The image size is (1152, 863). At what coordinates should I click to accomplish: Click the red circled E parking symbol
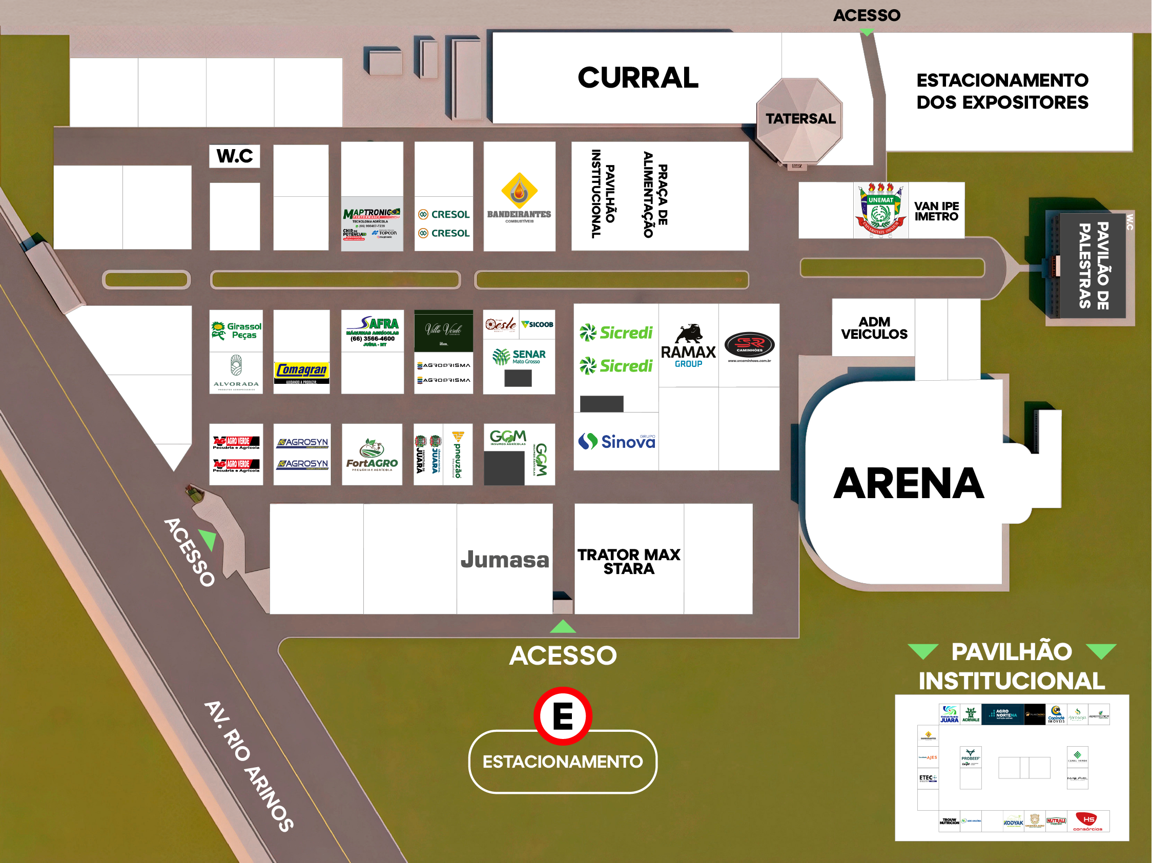point(563,716)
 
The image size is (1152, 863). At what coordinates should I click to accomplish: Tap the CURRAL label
point(637,77)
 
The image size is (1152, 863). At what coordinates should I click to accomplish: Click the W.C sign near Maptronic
point(234,156)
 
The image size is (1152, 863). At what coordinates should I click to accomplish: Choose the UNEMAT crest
point(881,211)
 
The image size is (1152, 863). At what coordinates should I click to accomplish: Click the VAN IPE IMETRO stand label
point(936,211)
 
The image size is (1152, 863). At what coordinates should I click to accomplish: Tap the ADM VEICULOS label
point(874,327)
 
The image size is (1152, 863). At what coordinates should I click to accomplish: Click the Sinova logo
point(616,441)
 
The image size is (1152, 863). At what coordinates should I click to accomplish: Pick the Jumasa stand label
point(505,560)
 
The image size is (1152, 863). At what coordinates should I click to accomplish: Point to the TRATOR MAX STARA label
point(629,562)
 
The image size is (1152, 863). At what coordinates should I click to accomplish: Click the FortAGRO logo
point(372,455)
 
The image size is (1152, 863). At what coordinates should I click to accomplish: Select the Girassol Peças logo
point(236,331)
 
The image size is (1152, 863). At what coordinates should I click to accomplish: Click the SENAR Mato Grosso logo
point(519,357)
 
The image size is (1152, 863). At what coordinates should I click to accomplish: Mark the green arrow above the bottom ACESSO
point(563,627)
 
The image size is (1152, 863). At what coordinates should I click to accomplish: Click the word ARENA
point(908,483)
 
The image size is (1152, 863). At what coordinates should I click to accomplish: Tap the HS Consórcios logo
point(1088,821)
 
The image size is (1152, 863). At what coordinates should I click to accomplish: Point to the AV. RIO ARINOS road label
point(249,766)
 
